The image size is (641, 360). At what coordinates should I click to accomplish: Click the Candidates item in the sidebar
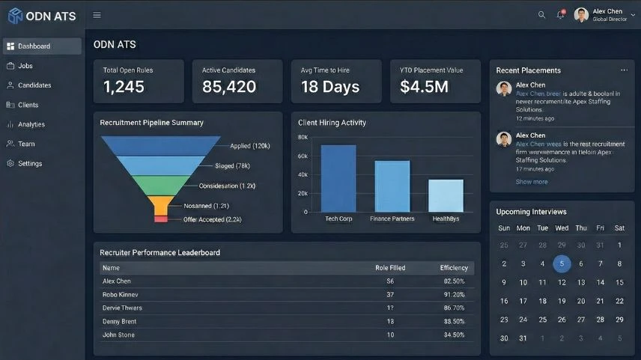coord(34,85)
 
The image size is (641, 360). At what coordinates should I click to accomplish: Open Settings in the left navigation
coord(30,163)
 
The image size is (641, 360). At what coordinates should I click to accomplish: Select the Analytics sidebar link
coord(31,124)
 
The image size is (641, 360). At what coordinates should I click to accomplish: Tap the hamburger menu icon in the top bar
coord(97,15)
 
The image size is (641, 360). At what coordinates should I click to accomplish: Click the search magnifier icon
coord(542,15)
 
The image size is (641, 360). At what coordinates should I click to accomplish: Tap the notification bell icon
coord(560,15)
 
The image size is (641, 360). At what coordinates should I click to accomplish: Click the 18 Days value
coord(329,87)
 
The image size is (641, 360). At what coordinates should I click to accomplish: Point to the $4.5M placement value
coord(424,87)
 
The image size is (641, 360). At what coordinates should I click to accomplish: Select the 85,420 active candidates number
coord(229,87)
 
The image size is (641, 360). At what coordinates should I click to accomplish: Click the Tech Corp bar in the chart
coord(338,178)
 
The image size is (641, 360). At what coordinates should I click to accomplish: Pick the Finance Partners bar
coord(392,186)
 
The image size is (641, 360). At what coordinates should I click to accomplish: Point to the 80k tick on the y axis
coord(303,138)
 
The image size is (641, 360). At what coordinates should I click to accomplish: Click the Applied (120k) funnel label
coord(250,146)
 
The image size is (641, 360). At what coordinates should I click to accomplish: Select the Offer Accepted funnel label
coord(212,219)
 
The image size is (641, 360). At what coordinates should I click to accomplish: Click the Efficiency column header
coord(454,268)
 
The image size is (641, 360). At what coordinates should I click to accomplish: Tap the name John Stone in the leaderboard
coord(118,335)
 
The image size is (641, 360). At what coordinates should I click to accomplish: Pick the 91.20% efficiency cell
coord(454,295)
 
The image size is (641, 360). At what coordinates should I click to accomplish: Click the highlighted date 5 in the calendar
coord(562,263)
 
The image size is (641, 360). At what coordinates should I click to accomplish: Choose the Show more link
coord(531,182)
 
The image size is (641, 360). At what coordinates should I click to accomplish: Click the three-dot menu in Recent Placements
coord(624,70)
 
